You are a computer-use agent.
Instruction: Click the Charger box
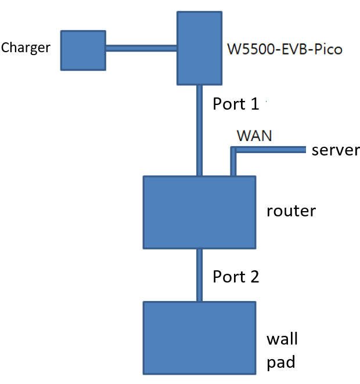tap(83, 50)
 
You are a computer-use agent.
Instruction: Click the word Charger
tap(27, 48)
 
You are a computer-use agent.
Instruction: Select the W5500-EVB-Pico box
tap(199, 48)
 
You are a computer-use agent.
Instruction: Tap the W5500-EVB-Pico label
tap(285, 49)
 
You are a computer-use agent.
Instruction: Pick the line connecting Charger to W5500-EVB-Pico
tap(141, 49)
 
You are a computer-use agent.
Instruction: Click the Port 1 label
tap(236, 104)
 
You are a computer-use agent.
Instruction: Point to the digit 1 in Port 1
tap(254, 104)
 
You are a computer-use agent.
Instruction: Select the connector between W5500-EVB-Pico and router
tap(199, 130)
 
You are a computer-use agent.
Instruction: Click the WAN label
tap(254, 136)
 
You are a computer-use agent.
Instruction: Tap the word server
tap(336, 150)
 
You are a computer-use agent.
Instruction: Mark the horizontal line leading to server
tap(270, 150)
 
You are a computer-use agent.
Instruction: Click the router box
tap(199, 212)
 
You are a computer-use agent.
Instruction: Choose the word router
tap(291, 210)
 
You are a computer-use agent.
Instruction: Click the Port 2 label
tap(236, 277)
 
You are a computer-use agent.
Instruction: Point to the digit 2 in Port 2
tap(254, 277)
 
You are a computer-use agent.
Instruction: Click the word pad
tap(281, 363)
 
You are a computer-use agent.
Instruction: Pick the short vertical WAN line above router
tap(233, 163)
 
